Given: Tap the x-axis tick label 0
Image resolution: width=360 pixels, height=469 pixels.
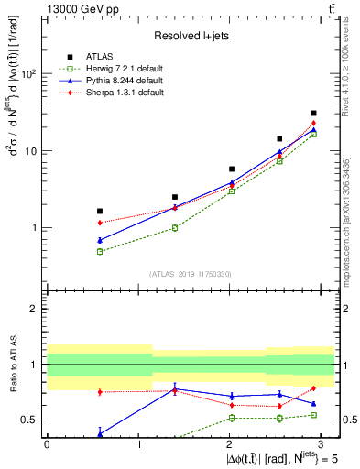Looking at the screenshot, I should pyautogui.click(x=47, y=442).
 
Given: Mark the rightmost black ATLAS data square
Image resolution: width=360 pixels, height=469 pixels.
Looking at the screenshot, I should pyautogui.click(x=313, y=114).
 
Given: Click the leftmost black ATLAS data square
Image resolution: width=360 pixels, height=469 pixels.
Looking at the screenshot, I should pyautogui.click(x=99, y=211).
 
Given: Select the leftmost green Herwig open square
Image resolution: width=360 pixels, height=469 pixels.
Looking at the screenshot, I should pyautogui.click(x=99, y=251).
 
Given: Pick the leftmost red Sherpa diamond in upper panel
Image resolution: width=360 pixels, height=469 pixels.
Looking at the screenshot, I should pyautogui.click(x=99, y=223).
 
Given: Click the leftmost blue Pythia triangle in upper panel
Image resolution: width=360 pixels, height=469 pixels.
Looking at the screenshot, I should pyautogui.click(x=99, y=240).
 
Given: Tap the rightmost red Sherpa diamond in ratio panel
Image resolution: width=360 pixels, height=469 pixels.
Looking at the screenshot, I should pyautogui.click(x=313, y=388).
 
